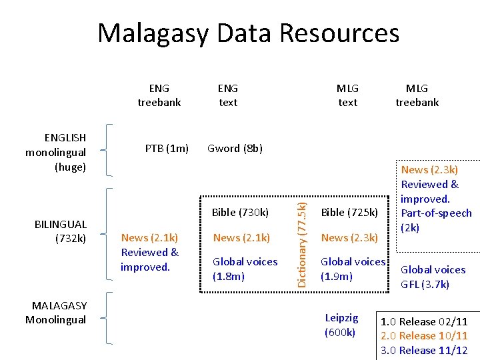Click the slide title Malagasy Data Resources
coord(248,33)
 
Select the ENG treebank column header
coord(159,95)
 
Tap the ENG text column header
coord(228,95)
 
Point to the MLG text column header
coord(347,95)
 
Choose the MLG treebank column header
coord(417,95)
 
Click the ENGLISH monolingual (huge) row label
coord(56,152)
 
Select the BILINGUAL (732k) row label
coord(61,231)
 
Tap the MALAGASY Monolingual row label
coord(56,312)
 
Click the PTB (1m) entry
coord(167,148)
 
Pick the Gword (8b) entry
coord(235,148)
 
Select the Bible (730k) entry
coord(240,213)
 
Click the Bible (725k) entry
coord(349,213)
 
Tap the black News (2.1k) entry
coord(241,237)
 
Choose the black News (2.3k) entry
coord(349,237)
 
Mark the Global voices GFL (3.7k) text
coord(433,277)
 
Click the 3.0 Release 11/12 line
coord(423,350)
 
